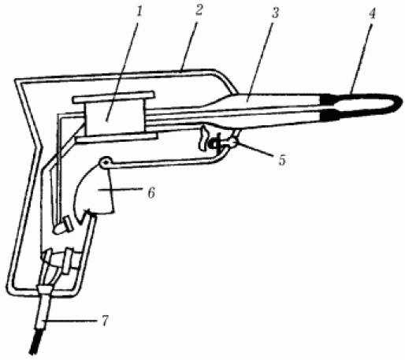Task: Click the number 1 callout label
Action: click(x=139, y=12)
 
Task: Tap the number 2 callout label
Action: click(x=199, y=10)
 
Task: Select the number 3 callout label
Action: click(x=274, y=13)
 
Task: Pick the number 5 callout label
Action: click(x=282, y=160)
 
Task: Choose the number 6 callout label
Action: click(x=151, y=193)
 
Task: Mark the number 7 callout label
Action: click(x=105, y=321)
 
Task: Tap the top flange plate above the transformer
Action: click(x=113, y=97)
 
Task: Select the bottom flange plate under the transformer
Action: click(x=117, y=138)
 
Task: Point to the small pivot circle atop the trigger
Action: click(x=105, y=162)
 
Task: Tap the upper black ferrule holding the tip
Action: click(x=329, y=99)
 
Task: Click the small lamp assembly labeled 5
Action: click(x=217, y=139)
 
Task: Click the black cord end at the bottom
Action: click(x=35, y=341)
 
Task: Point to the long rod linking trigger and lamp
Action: click(x=163, y=162)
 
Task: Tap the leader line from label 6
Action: click(x=124, y=190)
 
